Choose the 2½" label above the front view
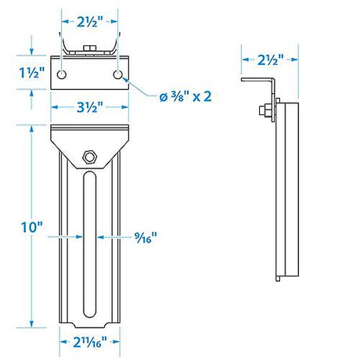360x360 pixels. pyautogui.click(x=88, y=21)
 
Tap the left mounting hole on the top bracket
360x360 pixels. pyautogui.click(x=60, y=74)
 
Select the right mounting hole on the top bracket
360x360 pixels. pyautogui.click(x=117, y=74)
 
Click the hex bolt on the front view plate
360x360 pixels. pyautogui.click(x=90, y=157)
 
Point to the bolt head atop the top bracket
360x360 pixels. pyautogui.click(x=88, y=51)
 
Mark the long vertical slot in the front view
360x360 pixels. pyautogui.click(x=89, y=243)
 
